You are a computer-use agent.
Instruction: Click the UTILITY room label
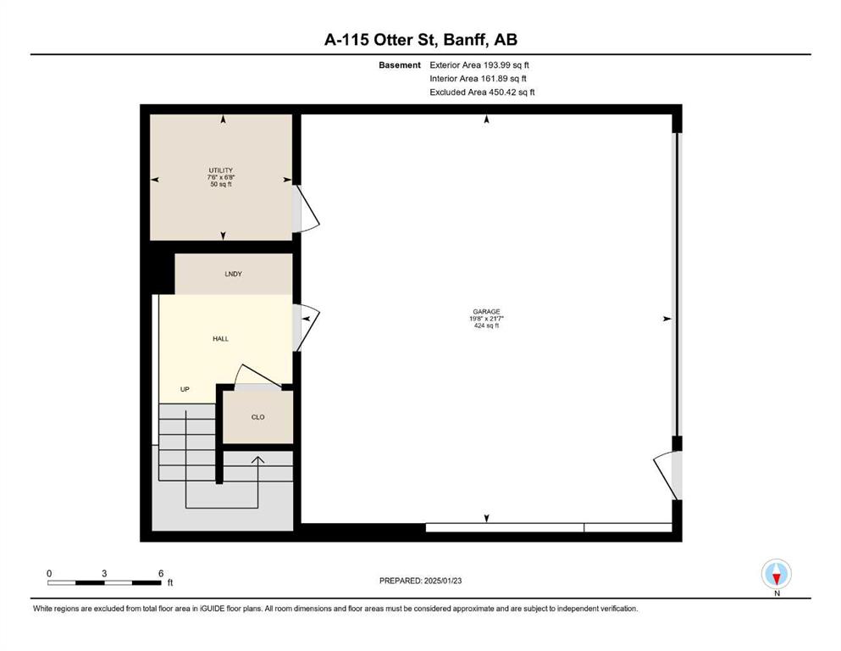(x=220, y=170)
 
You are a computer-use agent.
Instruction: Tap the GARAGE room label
(x=486, y=312)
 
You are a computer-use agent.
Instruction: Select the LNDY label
(x=233, y=275)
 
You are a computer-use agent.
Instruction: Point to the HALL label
(x=220, y=339)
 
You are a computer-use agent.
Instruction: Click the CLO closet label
(x=258, y=417)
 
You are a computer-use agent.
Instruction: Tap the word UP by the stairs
(x=185, y=389)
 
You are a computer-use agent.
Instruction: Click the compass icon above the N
(x=776, y=574)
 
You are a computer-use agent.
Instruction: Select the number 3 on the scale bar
(x=104, y=573)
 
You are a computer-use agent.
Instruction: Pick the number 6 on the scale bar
(x=161, y=573)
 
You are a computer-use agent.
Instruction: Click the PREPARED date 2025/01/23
(x=442, y=581)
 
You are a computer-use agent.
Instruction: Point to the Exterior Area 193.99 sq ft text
(x=479, y=65)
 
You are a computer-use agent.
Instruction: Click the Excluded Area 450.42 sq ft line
(x=482, y=92)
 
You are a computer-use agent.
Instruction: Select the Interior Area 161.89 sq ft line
(x=478, y=78)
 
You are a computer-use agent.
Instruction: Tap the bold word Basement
(x=400, y=65)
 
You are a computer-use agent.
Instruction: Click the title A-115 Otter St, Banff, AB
(x=420, y=40)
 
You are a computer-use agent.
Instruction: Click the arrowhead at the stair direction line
(x=258, y=460)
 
